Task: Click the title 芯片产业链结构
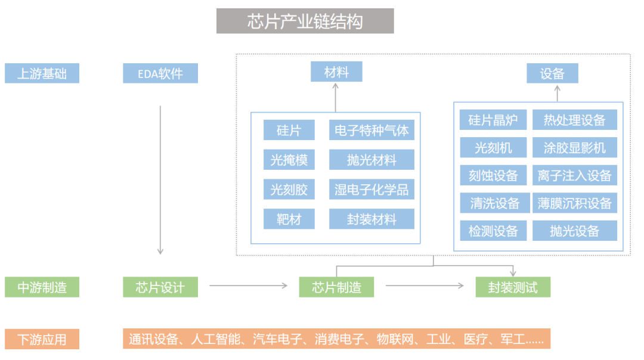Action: click(x=305, y=21)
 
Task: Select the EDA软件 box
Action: click(x=160, y=74)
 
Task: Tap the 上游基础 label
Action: click(x=42, y=74)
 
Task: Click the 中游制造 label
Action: click(x=42, y=287)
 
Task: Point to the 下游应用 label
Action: click(x=42, y=340)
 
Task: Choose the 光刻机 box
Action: click(x=493, y=147)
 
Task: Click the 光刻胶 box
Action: click(x=289, y=190)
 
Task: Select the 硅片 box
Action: click(x=289, y=130)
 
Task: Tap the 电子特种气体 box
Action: click(x=371, y=130)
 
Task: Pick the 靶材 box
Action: click(x=289, y=219)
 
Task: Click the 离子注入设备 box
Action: click(x=574, y=175)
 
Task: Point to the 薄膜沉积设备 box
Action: click(x=574, y=203)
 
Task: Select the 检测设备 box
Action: click(x=493, y=231)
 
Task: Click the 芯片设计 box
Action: click(x=160, y=287)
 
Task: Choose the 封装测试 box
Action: click(x=513, y=287)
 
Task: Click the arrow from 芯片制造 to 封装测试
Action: click(x=424, y=286)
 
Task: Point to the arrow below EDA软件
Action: click(x=160, y=179)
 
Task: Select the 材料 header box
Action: click(x=336, y=73)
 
